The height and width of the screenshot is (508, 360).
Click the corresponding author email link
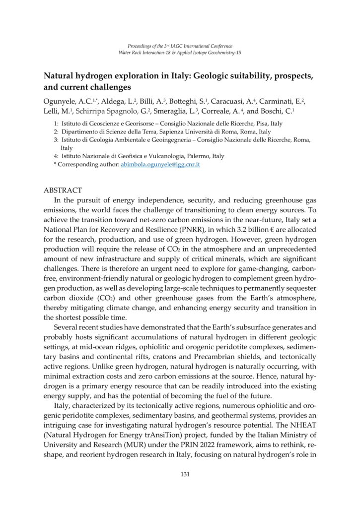point(160,164)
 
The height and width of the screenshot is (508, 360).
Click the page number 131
point(185,475)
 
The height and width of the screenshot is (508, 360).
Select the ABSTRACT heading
point(63,190)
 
